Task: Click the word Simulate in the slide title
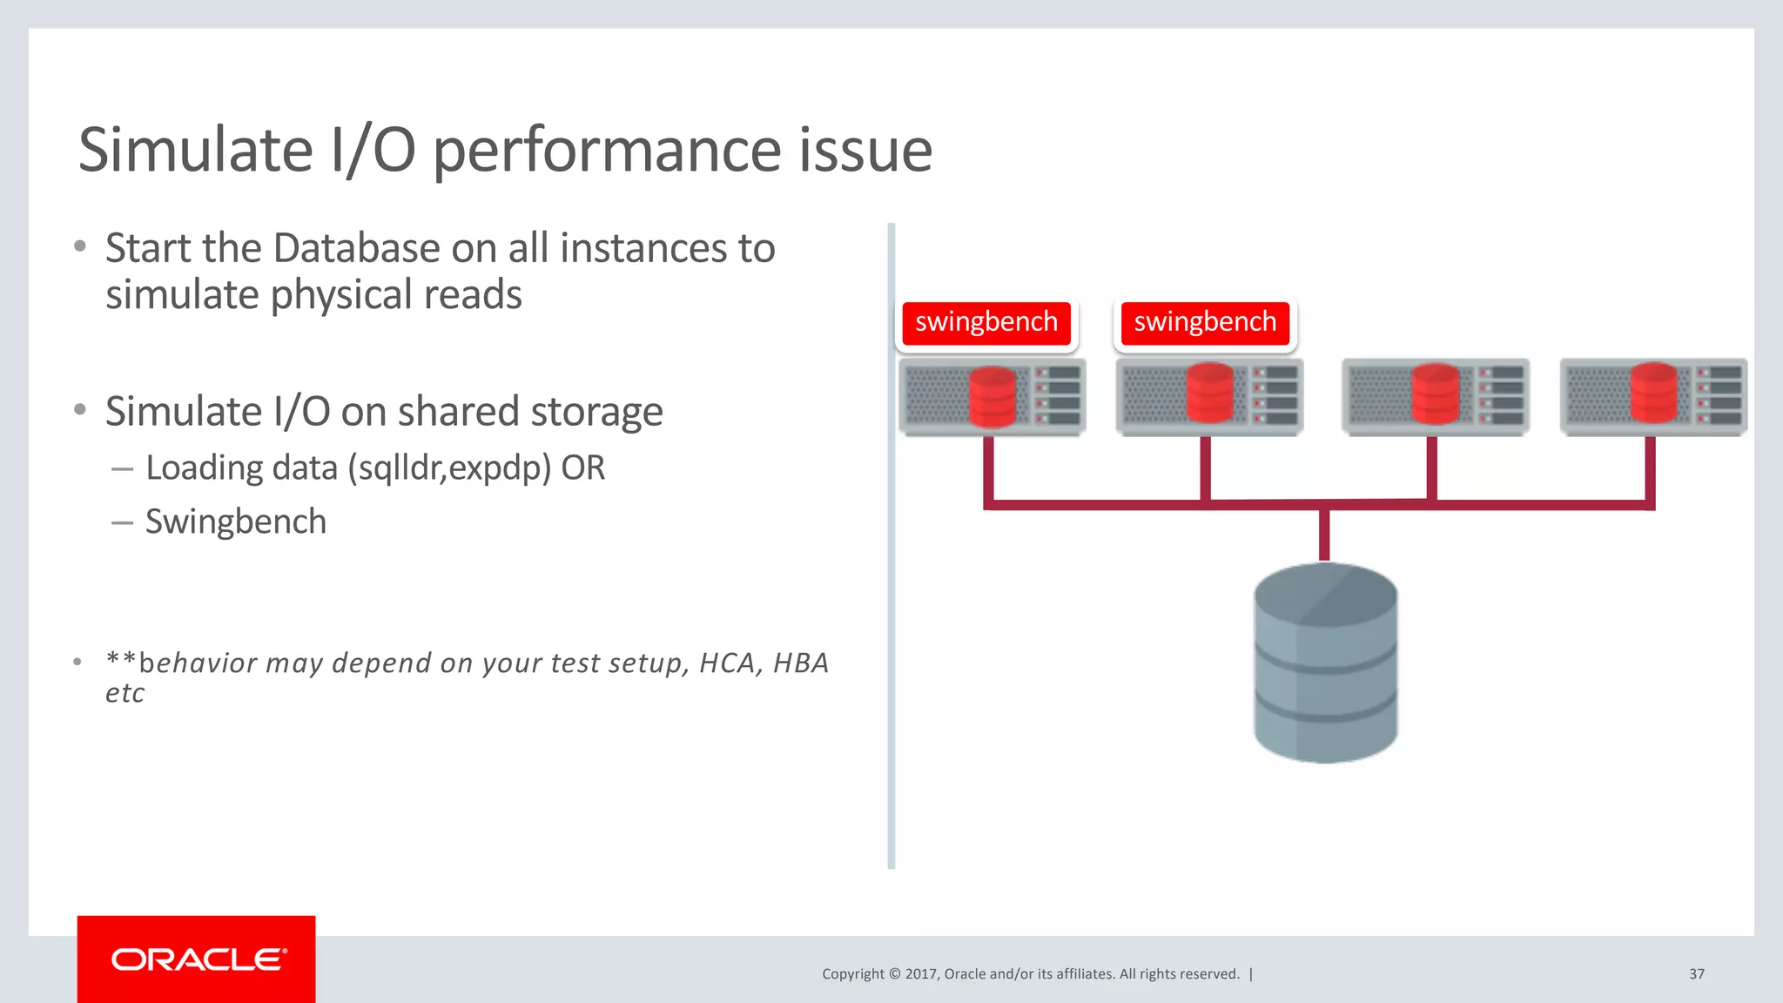(195, 150)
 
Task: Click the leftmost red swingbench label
(986, 322)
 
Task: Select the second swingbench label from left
(1205, 322)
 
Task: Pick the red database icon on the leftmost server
(992, 397)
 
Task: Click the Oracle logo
(197, 959)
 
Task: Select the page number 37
(1697, 974)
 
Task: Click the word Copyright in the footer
(852, 974)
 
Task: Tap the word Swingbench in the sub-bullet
(236, 522)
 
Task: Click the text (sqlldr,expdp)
(449, 468)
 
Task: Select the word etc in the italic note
(124, 694)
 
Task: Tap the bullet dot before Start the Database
(80, 246)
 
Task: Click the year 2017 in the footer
(921, 974)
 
